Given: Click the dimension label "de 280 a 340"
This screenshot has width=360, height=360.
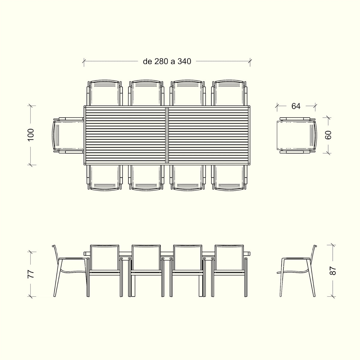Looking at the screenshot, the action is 167,61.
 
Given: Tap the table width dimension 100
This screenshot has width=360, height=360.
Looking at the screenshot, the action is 31,135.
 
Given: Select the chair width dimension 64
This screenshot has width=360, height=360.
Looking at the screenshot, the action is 296,106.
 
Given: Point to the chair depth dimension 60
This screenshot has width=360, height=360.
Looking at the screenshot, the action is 328,135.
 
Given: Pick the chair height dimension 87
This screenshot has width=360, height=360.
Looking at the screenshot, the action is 333,271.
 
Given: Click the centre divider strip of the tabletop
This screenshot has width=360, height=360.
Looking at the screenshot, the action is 167,135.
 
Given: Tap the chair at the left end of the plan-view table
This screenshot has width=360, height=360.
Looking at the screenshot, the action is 67,135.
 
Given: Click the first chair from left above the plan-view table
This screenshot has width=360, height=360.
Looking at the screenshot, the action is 105,93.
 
